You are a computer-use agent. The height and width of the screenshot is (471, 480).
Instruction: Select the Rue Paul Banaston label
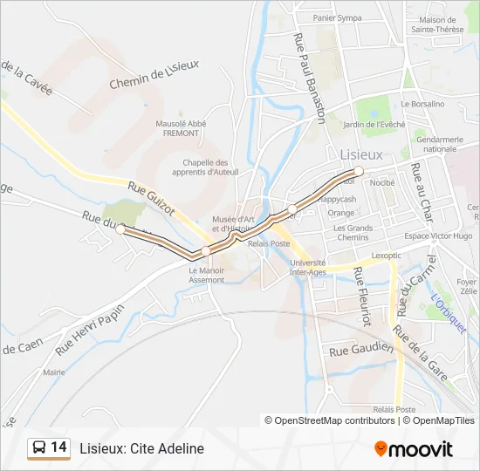[x=310, y=77]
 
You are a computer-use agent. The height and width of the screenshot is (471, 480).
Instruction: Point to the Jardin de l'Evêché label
[x=374, y=124]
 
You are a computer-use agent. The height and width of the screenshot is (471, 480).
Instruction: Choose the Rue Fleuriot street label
[x=361, y=296]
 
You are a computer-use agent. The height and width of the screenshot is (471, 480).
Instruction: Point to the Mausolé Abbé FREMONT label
[x=181, y=128]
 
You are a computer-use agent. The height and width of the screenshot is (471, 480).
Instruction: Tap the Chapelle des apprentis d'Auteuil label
[x=206, y=167]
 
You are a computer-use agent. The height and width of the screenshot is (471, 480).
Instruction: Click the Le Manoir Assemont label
[x=207, y=275]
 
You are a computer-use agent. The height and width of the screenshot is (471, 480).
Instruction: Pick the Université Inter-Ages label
[x=308, y=266]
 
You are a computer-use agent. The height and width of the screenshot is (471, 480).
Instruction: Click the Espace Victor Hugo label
[x=438, y=236]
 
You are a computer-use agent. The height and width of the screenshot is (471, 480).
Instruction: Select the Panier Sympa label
[x=338, y=17]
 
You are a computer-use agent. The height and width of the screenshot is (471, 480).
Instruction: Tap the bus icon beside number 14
[x=39, y=448]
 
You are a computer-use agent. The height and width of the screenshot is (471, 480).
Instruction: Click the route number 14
[x=58, y=447]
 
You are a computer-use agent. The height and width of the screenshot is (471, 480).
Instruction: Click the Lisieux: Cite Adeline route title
[x=141, y=448]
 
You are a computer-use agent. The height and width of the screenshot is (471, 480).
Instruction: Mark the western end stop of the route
[x=120, y=229]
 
